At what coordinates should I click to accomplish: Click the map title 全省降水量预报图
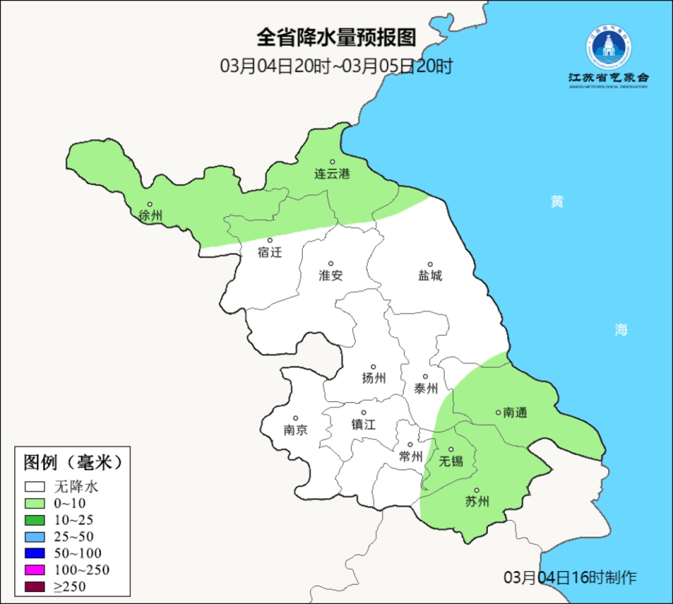coord(336,37)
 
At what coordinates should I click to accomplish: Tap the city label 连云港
coord(332,174)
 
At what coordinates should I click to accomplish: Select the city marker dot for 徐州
coord(150,204)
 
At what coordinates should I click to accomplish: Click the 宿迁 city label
coord(270,252)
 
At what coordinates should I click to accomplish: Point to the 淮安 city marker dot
coord(331,264)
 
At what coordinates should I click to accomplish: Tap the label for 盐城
coord(430,276)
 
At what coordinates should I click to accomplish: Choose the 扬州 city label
coord(374,378)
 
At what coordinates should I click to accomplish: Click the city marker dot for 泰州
coord(426,376)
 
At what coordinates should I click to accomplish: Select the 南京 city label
coord(295,430)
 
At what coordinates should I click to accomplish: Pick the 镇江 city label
coord(363,424)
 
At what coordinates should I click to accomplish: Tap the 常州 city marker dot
coord(410,445)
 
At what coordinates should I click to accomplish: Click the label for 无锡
coord(451,461)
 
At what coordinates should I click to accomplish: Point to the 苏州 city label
coord(477,502)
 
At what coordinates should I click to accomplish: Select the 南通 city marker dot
coord(498,412)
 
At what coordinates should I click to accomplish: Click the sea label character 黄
coord(557,202)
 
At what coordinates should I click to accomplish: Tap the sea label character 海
coord(621,330)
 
